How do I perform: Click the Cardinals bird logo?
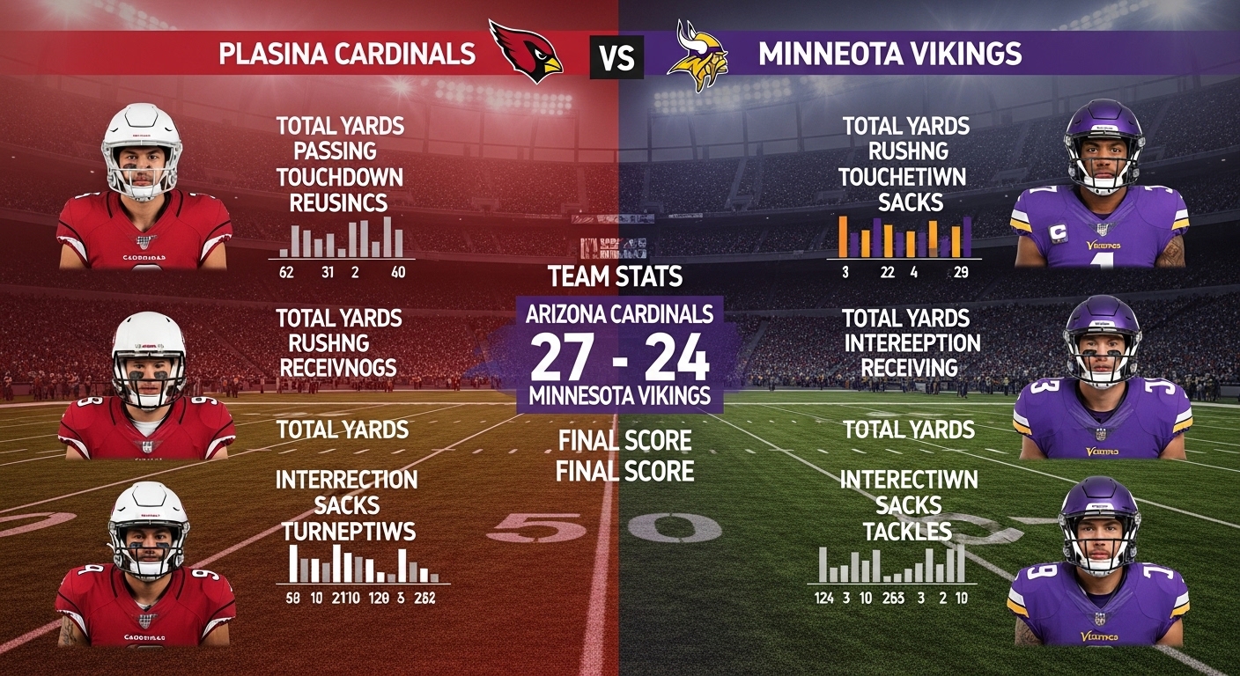click(527, 53)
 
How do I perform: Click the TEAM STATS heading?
click(615, 276)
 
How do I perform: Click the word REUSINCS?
click(339, 203)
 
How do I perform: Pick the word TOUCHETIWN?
click(902, 177)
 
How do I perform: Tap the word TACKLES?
click(907, 531)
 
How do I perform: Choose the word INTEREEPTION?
click(912, 342)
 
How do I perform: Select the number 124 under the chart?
click(823, 599)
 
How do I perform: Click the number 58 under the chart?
click(293, 599)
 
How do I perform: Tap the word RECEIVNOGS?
click(338, 367)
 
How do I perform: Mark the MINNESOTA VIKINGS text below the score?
click(619, 396)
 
